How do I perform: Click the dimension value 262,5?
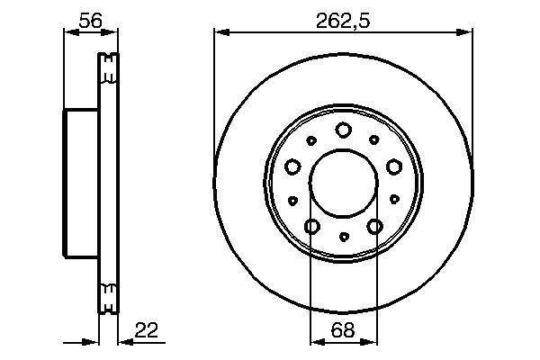click(343, 18)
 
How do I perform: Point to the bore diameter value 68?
click(343, 331)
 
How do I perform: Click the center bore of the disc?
click(343, 184)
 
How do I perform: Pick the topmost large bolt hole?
click(343, 130)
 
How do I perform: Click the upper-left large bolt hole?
click(292, 166)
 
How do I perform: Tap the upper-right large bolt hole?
click(393, 166)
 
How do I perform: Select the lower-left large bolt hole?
click(311, 226)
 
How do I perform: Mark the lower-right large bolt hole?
click(374, 226)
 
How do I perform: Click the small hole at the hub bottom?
click(343, 238)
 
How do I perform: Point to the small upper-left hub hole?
click(312, 140)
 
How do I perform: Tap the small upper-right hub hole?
click(373, 140)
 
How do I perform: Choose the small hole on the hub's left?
click(293, 200)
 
